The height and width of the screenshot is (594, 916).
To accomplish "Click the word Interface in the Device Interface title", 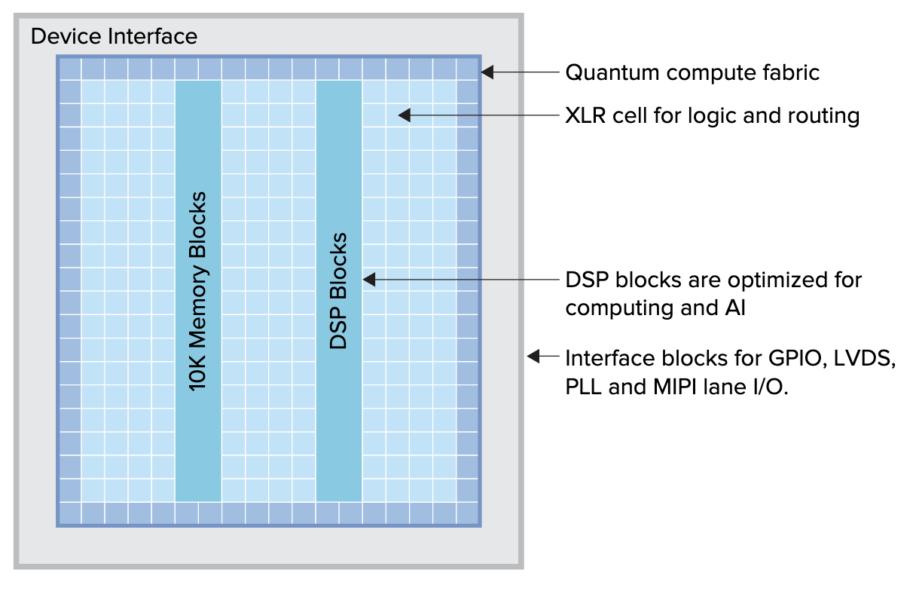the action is click(152, 36).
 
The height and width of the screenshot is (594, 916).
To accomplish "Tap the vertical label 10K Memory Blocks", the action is click(198, 291).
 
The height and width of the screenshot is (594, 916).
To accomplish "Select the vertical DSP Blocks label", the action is click(338, 291).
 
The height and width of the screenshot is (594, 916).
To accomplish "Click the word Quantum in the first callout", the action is click(612, 73).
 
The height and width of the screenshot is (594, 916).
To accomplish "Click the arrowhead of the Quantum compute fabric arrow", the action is click(487, 72).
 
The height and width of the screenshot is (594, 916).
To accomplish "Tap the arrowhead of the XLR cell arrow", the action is click(404, 115).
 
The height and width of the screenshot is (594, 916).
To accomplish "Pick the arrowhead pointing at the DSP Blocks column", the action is click(369, 280).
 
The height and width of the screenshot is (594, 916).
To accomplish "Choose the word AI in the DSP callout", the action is click(735, 308).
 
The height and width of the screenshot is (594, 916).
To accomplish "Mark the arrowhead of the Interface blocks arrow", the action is click(533, 356).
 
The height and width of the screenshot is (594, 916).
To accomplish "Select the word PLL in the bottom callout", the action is click(583, 387).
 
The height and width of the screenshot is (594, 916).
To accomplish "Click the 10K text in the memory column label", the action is click(198, 373).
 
